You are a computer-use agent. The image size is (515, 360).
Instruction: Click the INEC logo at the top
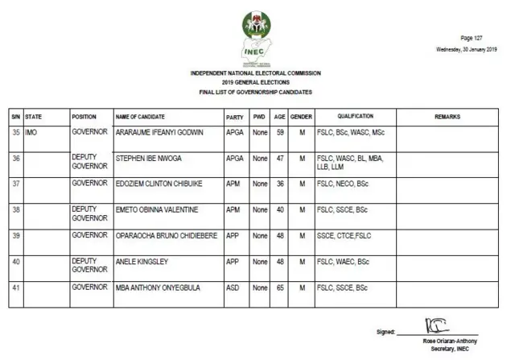[256, 38]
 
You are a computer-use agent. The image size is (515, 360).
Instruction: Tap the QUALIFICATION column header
[355, 118]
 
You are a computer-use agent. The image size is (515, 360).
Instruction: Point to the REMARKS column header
[447, 118]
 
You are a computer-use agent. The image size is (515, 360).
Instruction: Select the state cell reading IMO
[33, 132]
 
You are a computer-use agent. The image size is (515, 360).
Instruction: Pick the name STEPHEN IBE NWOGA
[149, 159]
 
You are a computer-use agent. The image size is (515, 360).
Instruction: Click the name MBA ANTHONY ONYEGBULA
[158, 288]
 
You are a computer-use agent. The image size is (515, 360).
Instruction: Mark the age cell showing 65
[280, 288]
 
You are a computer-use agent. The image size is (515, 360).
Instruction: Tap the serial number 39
[15, 235]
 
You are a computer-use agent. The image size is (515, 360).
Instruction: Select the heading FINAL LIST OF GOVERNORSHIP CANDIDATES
[256, 93]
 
